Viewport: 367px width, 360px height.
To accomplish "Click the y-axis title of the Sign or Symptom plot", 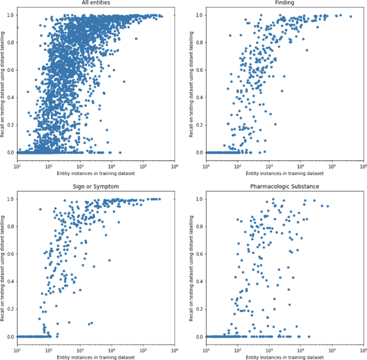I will pyautogui.click(x=4, y=268).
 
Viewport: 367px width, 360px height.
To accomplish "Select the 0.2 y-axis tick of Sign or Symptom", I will pyautogui.click(x=11, y=309).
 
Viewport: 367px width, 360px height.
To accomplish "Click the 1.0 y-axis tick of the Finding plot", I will pyautogui.click(x=200, y=15).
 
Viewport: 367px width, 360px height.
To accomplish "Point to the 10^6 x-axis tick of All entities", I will pyautogui.click(x=174, y=166).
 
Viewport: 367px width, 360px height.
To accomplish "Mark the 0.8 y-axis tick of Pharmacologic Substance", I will pyautogui.click(x=200, y=226).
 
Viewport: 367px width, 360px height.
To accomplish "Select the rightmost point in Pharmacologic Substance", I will pyautogui.click(x=327, y=206).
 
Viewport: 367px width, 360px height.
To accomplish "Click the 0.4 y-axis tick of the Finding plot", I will pyautogui.click(x=200, y=97).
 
